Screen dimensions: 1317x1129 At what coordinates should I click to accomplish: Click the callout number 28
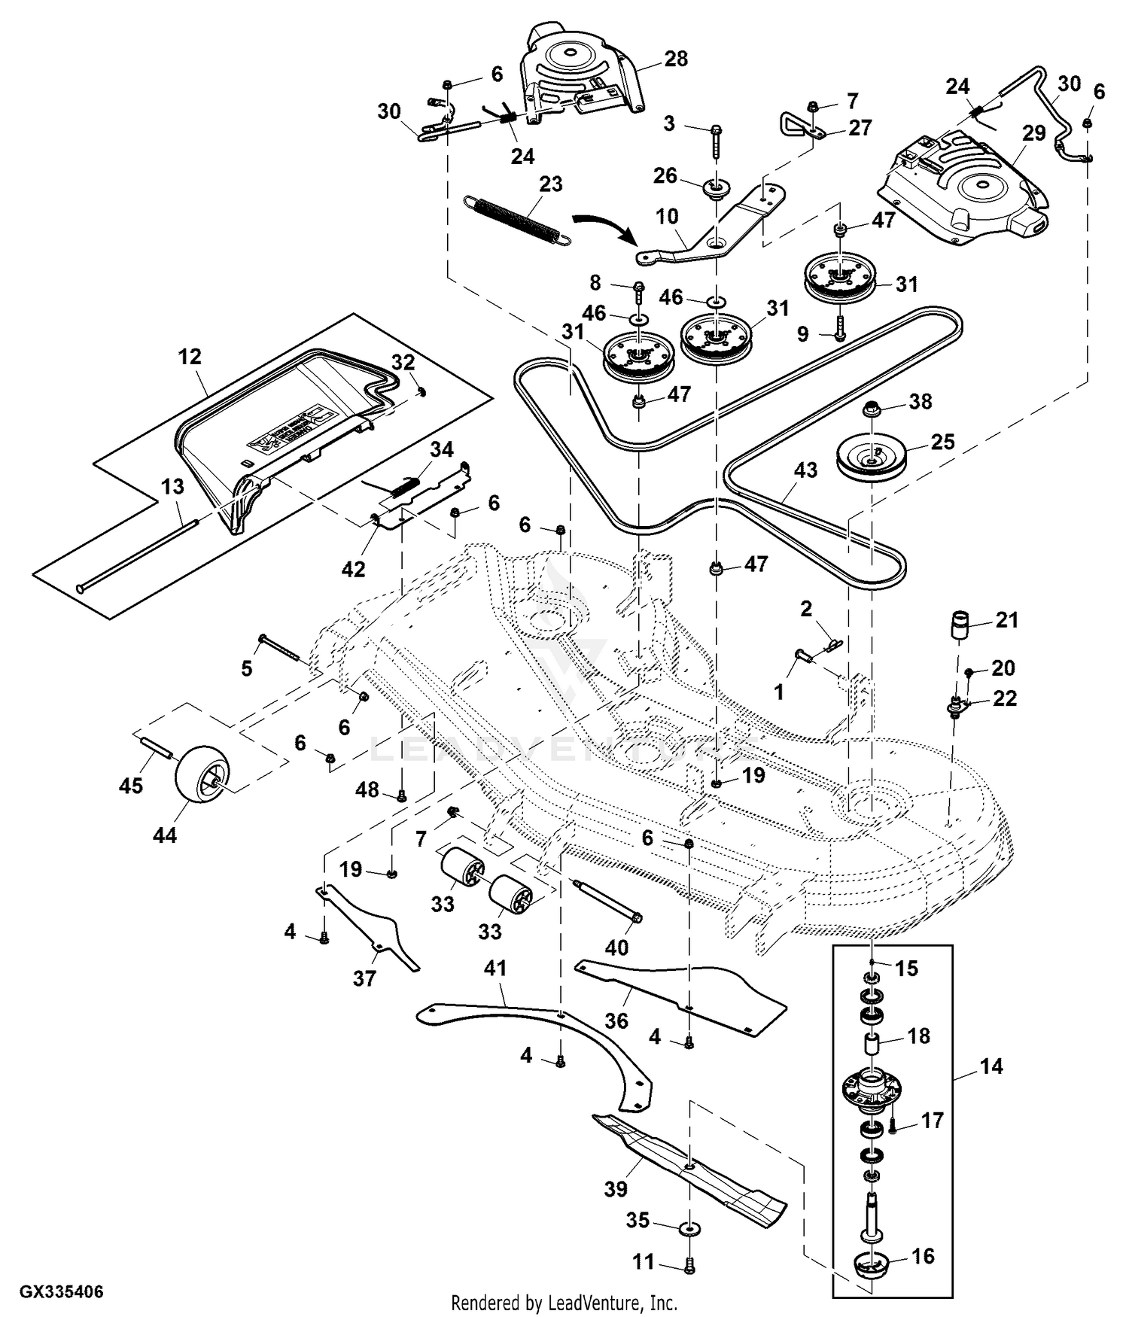point(676,59)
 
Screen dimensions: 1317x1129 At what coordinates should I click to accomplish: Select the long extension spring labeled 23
point(516,218)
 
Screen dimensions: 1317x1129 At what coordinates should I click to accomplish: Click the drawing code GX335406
point(62,1292)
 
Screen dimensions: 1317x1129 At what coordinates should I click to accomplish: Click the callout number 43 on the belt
point(805,470)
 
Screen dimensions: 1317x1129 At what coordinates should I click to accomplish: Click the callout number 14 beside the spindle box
point(991,1066)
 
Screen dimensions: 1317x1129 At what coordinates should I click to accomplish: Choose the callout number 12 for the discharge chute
point(190,356)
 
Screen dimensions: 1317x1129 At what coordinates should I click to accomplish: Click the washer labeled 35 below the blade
point(688,1229)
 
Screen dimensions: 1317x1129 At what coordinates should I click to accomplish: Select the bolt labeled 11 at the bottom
point(689,1267)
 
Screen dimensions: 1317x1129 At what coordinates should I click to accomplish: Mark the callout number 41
point(495,969)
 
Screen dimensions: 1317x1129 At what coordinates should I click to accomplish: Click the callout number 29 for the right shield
point(1034,133)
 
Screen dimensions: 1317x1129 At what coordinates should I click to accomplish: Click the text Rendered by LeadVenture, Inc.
point(564,1302)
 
